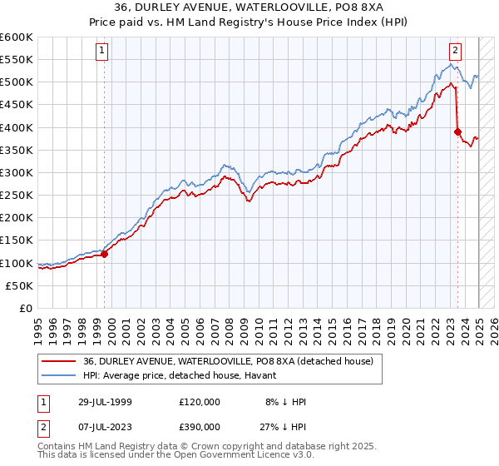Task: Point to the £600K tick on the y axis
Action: [17, 37]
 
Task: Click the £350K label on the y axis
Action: [17, 151]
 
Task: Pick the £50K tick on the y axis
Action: [19, 285]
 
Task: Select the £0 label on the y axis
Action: [25, 308]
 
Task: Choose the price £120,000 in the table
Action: [200, 402]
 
